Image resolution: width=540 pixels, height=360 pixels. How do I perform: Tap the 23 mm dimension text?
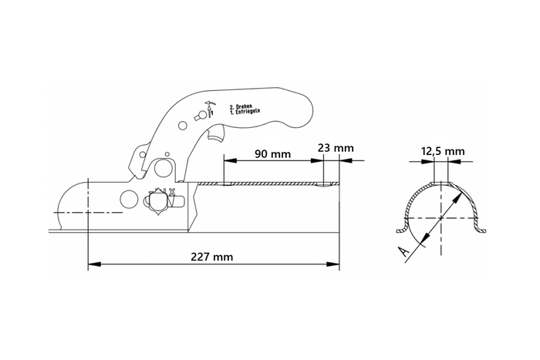point(334,147)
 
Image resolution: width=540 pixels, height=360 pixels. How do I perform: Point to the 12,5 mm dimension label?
point(444,151)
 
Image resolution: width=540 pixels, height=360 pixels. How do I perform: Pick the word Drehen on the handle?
point(242,106)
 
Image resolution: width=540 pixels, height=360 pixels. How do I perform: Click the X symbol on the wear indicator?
point(172,190)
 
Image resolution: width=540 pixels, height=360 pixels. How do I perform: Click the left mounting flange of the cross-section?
point(400,229)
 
